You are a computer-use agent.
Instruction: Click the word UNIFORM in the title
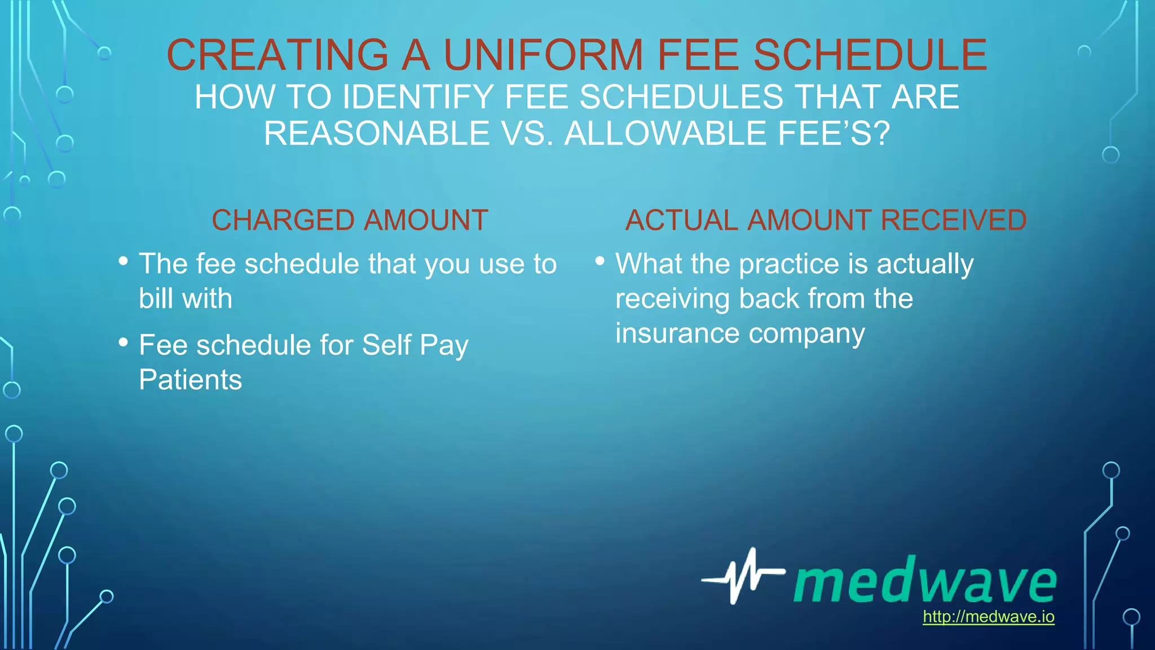tap(543, 55)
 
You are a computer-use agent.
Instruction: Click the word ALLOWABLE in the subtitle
tap(666, 134)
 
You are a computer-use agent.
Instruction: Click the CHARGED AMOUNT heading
tap(350, 220)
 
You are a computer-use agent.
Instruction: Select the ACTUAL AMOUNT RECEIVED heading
tap(826, 220)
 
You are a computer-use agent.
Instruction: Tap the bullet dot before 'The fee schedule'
tap(124, 261)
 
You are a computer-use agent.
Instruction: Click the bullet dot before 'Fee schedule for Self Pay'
tap(124, 342)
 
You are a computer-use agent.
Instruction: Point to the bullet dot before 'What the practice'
tap(600, 261)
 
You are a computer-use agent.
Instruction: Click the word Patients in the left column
tap(190, 380)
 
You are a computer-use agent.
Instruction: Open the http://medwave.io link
tap(988, 617)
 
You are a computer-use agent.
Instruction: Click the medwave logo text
tap(925, 581)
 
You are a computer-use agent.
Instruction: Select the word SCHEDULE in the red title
tap(870, 55)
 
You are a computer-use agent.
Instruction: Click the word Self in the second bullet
tap(386, 345)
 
